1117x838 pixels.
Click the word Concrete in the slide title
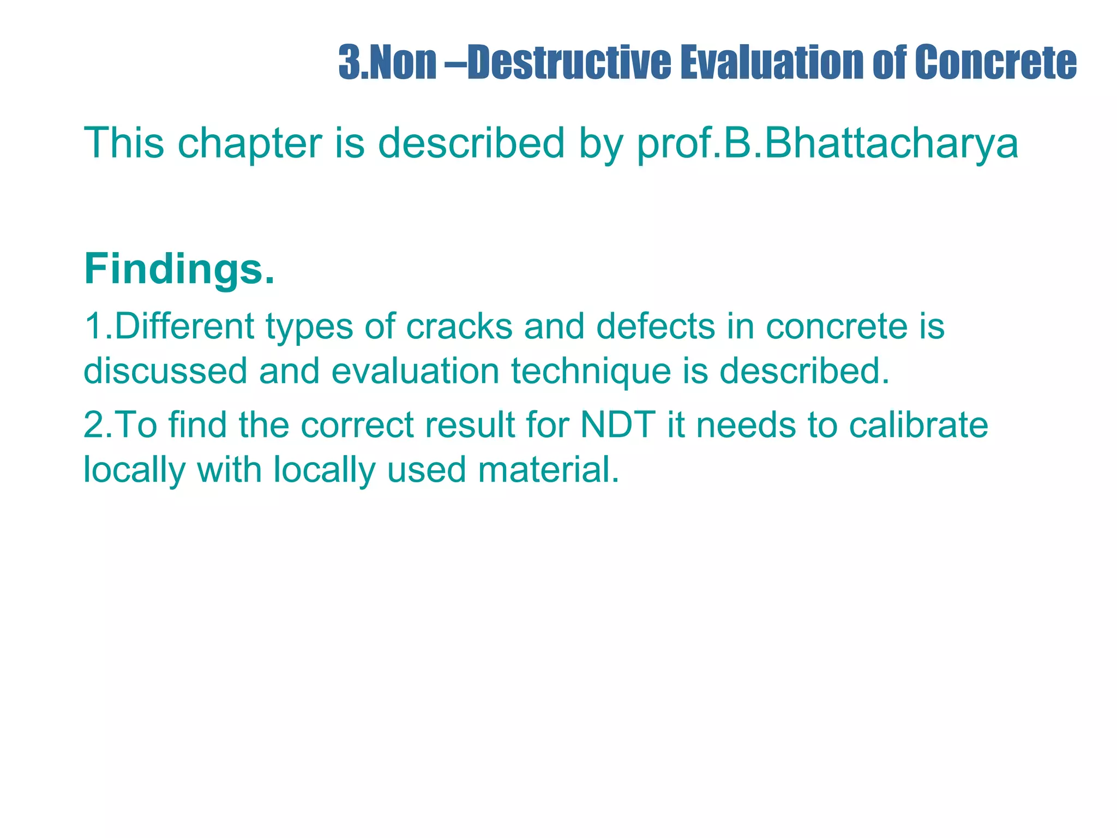point(996,62)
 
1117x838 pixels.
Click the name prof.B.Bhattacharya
point(827,143)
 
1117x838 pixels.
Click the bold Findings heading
point(179,269)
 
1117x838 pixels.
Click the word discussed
point(165,371)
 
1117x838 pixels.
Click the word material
point(549,469)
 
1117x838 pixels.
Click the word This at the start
point(124,143)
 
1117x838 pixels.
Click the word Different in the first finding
point(184,326)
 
